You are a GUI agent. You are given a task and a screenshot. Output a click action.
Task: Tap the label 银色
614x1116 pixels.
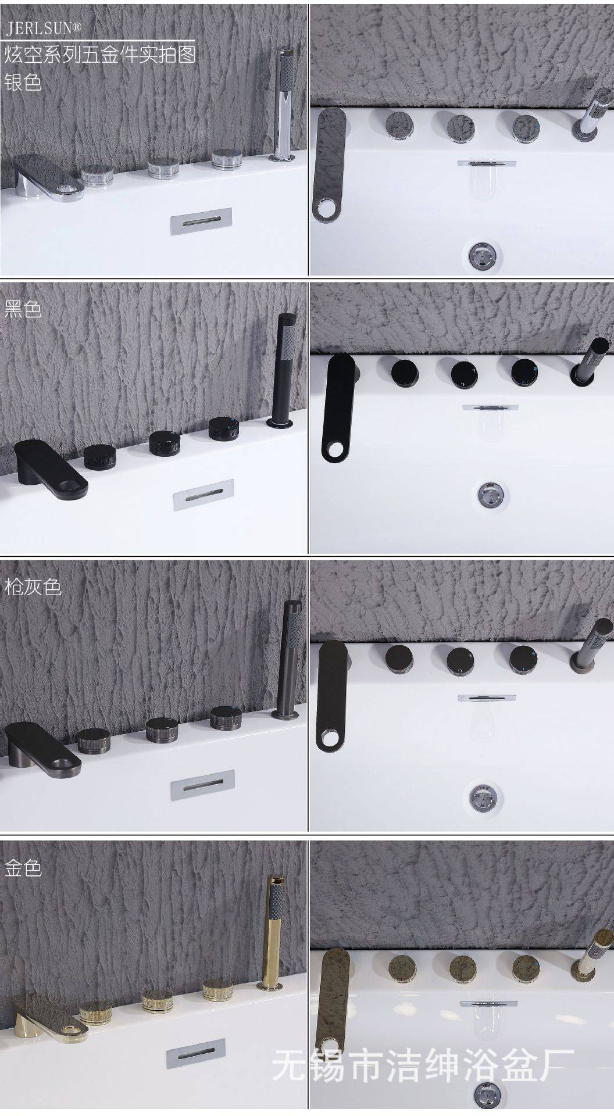pyautogui.click(x=23, y=81)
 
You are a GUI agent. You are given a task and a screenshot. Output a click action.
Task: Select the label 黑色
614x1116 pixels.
pyautogui.click(x=23, y=308)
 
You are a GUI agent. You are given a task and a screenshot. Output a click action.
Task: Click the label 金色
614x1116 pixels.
pyautogui.click(x=23, y=868)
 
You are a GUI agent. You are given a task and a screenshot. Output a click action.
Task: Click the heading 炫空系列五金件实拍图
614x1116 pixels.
pyautogui.click(x=101, y=55)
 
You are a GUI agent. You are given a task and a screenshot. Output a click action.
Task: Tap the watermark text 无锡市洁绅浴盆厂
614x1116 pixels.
pyautogui.click(x=423, y=1065)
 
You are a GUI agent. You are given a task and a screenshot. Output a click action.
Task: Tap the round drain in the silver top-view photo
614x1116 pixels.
pyautogui.click(x=485, y=254)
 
